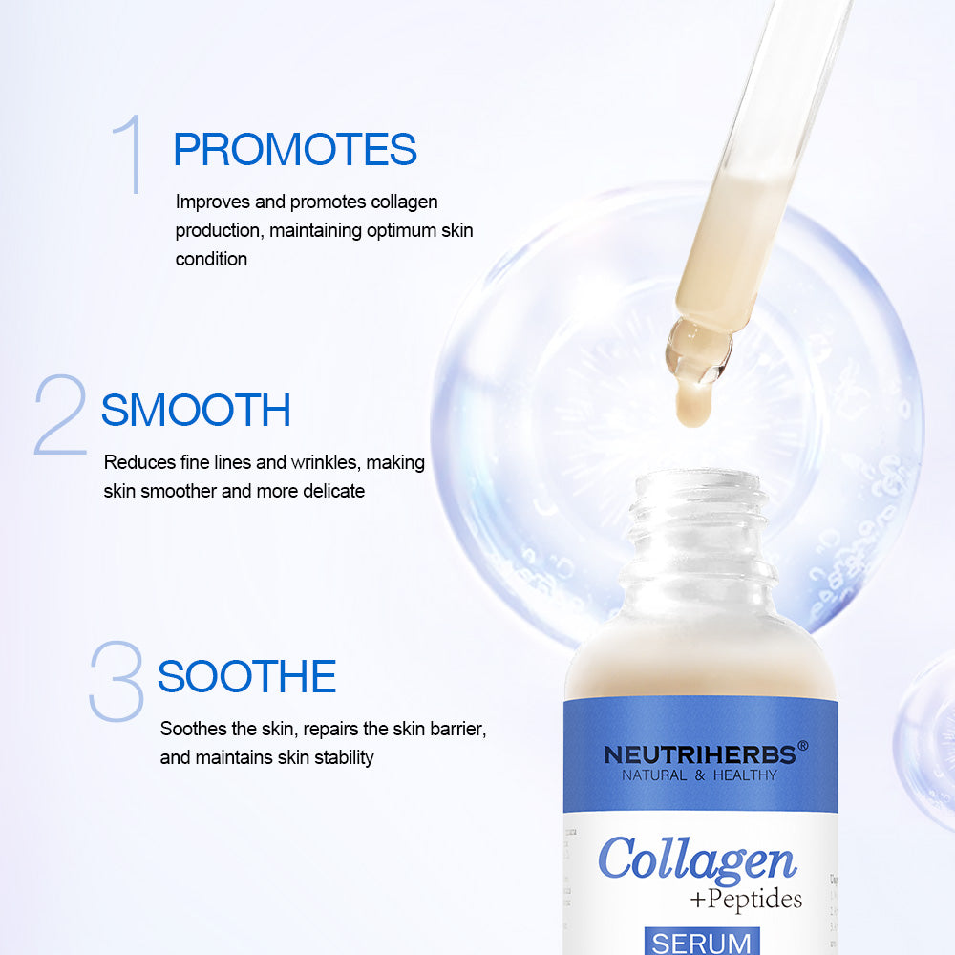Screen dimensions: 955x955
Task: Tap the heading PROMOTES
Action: [x=295, y=150]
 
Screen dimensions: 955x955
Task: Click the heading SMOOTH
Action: [x=196, y=410]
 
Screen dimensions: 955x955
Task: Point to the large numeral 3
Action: [x=116, y=681]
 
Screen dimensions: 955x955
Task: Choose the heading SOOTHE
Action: [x=246, y=677]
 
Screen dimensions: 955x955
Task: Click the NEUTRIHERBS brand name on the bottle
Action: [x=699, y=754]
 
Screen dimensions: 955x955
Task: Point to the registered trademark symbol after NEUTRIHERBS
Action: [x=802, y=746]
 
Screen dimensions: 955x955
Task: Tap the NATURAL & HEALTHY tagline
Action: [x=699, y=775]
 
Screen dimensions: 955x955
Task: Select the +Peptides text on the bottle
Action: [x=745, y=900]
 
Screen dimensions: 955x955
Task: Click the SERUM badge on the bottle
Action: [x=701, y=942]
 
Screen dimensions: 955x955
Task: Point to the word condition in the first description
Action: [x=211, y=259]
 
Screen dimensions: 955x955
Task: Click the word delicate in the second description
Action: [x=331, y=491]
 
